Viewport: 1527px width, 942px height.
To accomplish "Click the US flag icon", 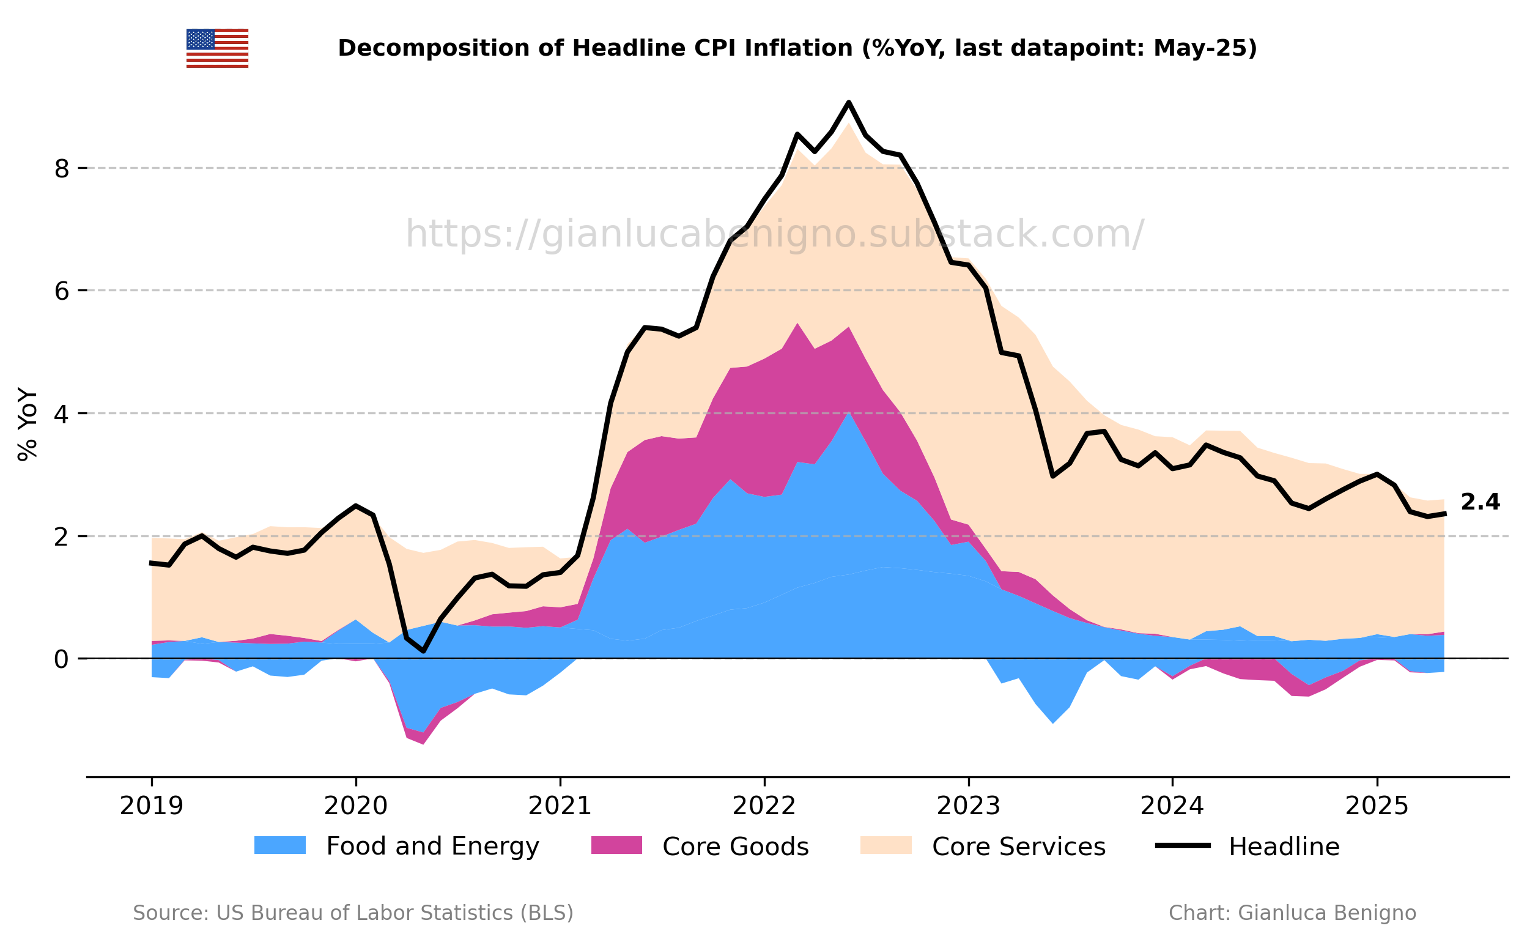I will (217, 48).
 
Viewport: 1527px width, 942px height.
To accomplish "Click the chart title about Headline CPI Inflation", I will (797, 48).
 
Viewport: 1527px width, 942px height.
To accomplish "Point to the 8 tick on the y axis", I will (62, 168).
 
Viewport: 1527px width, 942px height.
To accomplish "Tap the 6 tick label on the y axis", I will (62, 291).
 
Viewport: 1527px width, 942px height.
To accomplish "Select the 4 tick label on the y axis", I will (62, 414).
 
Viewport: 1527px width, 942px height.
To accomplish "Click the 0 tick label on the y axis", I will (62, 659).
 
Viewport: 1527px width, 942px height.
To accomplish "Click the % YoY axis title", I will (28, 425).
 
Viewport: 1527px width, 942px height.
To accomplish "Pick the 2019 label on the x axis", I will (151, 807).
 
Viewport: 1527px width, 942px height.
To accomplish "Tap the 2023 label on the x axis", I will (969, 807).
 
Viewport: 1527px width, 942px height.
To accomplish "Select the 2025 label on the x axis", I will (1377, 807).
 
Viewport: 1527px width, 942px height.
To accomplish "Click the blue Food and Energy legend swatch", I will (279, 845).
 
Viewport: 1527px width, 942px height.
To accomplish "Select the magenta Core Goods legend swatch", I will (616, 845).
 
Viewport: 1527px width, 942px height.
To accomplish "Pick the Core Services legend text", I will (1018, 847).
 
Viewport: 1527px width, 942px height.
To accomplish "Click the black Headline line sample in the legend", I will (1183, 845).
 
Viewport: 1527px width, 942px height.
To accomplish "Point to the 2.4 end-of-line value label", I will (1480, 502).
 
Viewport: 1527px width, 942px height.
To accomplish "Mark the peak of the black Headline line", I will (849, 102).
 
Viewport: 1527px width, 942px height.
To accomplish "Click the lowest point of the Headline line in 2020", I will (423, 651).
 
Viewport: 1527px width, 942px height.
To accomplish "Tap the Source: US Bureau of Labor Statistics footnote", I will (352, 913).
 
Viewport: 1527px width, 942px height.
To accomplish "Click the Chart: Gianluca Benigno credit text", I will (1292, 913).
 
